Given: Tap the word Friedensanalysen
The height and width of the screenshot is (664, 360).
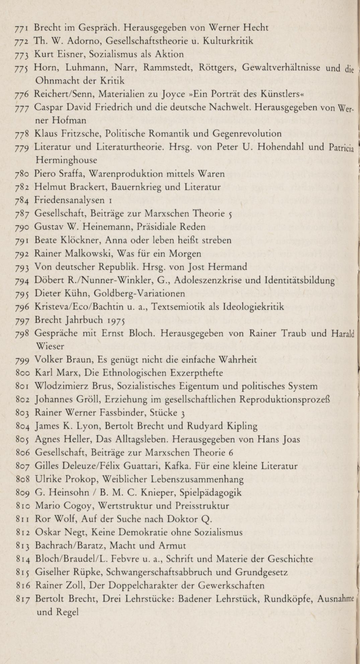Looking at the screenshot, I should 69,201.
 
